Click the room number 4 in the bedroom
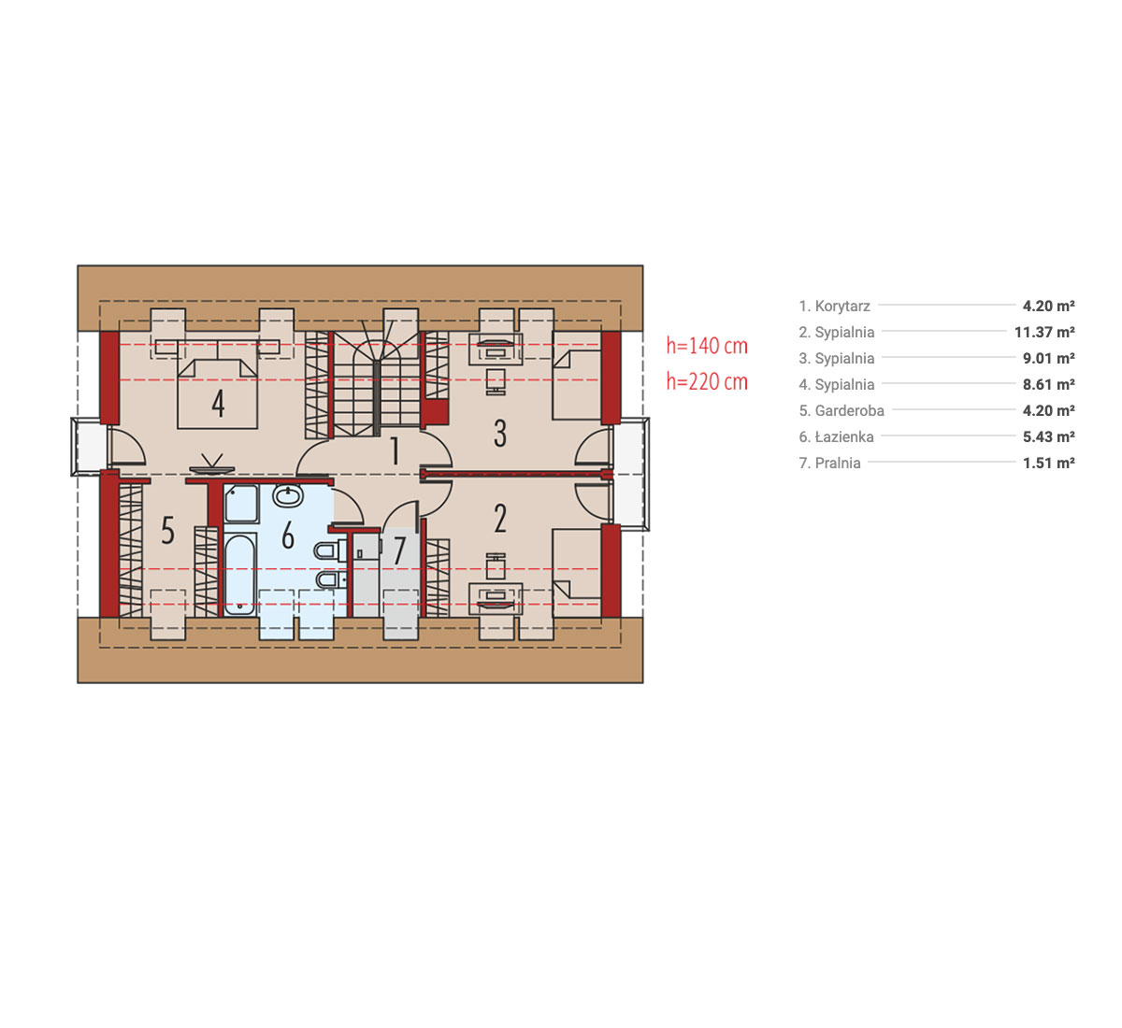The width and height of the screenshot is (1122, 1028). (x=219, y=404)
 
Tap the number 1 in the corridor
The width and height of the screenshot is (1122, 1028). (x=396, y=450)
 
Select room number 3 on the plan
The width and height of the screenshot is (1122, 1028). (x=500, y=434)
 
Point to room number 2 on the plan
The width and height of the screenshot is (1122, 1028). (x=500, y=519)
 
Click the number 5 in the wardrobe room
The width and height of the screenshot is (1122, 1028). (x=167, y=530)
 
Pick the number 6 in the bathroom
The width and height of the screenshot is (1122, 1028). (x=288, y=535)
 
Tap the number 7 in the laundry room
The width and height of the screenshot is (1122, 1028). (x=399, y=550)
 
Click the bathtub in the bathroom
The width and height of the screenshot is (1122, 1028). (x=240, y=574)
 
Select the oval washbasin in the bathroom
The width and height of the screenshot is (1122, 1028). (x=288, y=495)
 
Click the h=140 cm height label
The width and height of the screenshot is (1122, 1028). (x=707, y=346)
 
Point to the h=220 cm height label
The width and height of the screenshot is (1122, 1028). (x=707, y=382)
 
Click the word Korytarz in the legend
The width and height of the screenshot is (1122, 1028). (x=842, y=306)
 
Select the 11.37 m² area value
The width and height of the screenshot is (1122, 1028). (x=1044, y=332)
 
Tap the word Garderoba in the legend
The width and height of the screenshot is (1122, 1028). (x=850, y=410)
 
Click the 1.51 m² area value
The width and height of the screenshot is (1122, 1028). (x=1049, y=464)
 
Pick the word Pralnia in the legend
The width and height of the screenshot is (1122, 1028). (x=838, y=464)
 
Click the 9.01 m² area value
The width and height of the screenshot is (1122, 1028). (x=1049, y=359)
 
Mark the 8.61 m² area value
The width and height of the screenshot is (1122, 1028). (x=1049, y=385)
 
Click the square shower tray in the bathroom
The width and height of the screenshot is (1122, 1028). (x=241, y=504)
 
